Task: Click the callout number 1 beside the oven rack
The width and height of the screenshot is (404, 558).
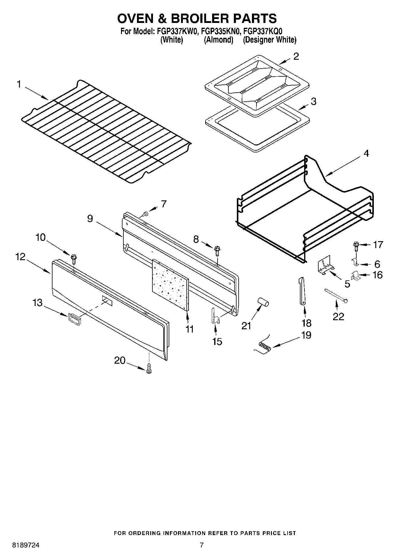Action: (19, 84)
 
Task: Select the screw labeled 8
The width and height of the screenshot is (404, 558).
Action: (217, 249)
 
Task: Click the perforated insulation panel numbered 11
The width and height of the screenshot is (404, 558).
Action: (171, 285)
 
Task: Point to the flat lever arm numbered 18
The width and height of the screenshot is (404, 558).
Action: (302, 291)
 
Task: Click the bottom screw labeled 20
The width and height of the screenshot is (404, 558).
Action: (148, 369)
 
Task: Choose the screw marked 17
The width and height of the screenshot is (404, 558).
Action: (356, 246)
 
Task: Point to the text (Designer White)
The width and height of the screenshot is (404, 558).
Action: (269, 40)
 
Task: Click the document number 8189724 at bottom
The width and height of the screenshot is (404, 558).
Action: (26, 545)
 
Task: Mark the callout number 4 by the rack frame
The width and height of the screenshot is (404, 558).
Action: (366, 153)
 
